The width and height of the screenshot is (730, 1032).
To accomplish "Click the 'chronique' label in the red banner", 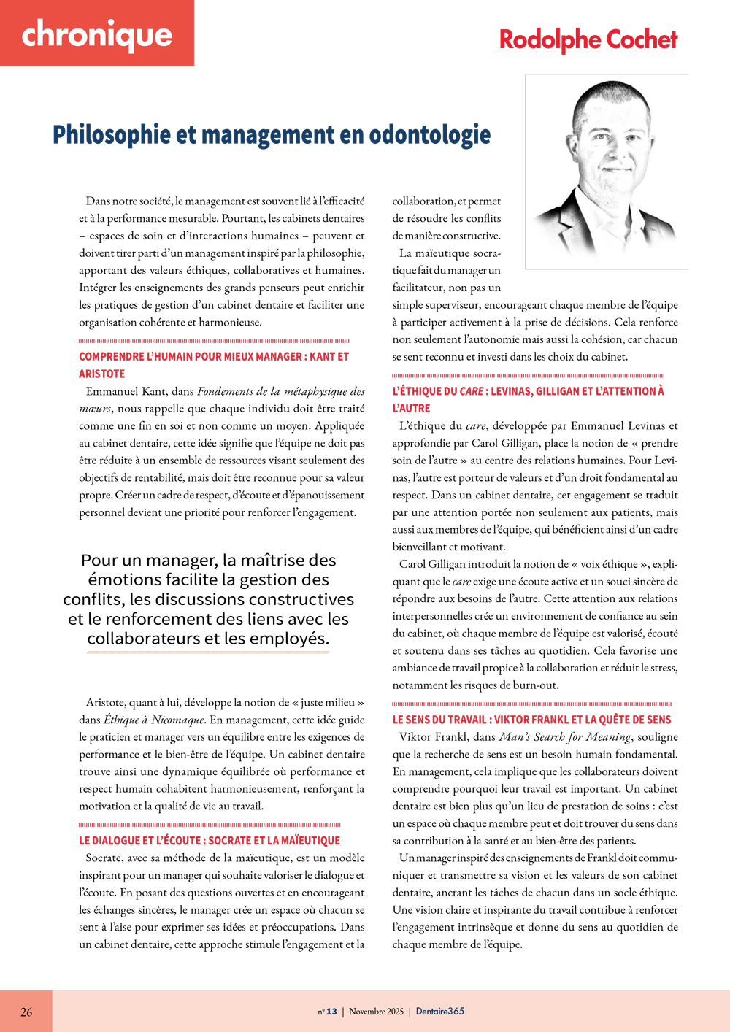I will pos(96,35).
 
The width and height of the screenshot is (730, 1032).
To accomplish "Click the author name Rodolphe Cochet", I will pos(588,39).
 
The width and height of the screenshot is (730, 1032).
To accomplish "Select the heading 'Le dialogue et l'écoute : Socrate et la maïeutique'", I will pos(210,841).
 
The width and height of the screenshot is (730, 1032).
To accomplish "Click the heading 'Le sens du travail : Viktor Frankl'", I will pos(531,720).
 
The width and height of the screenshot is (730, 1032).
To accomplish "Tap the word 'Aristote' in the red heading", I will pos(101,374).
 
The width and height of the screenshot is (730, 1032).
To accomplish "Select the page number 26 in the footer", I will pos(26,1012).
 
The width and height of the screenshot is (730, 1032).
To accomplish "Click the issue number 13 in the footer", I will pos(331,1012).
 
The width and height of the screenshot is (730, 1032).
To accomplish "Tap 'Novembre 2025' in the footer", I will pos(376,1012).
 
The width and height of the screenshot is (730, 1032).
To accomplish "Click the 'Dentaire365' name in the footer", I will pos(439,1012).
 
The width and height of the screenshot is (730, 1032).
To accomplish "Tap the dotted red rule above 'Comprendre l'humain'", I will pos(214,341).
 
